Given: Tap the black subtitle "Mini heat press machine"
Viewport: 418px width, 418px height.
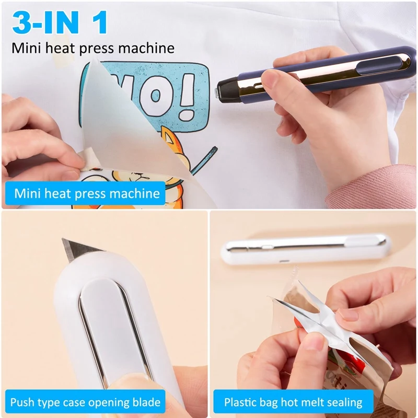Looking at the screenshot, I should coord(93,49).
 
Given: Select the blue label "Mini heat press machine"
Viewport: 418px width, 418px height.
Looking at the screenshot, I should coord(87,193).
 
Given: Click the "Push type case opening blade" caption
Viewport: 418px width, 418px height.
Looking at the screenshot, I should coord(85,402).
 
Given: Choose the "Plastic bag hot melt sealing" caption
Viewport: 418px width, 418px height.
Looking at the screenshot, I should coord(293,402).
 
